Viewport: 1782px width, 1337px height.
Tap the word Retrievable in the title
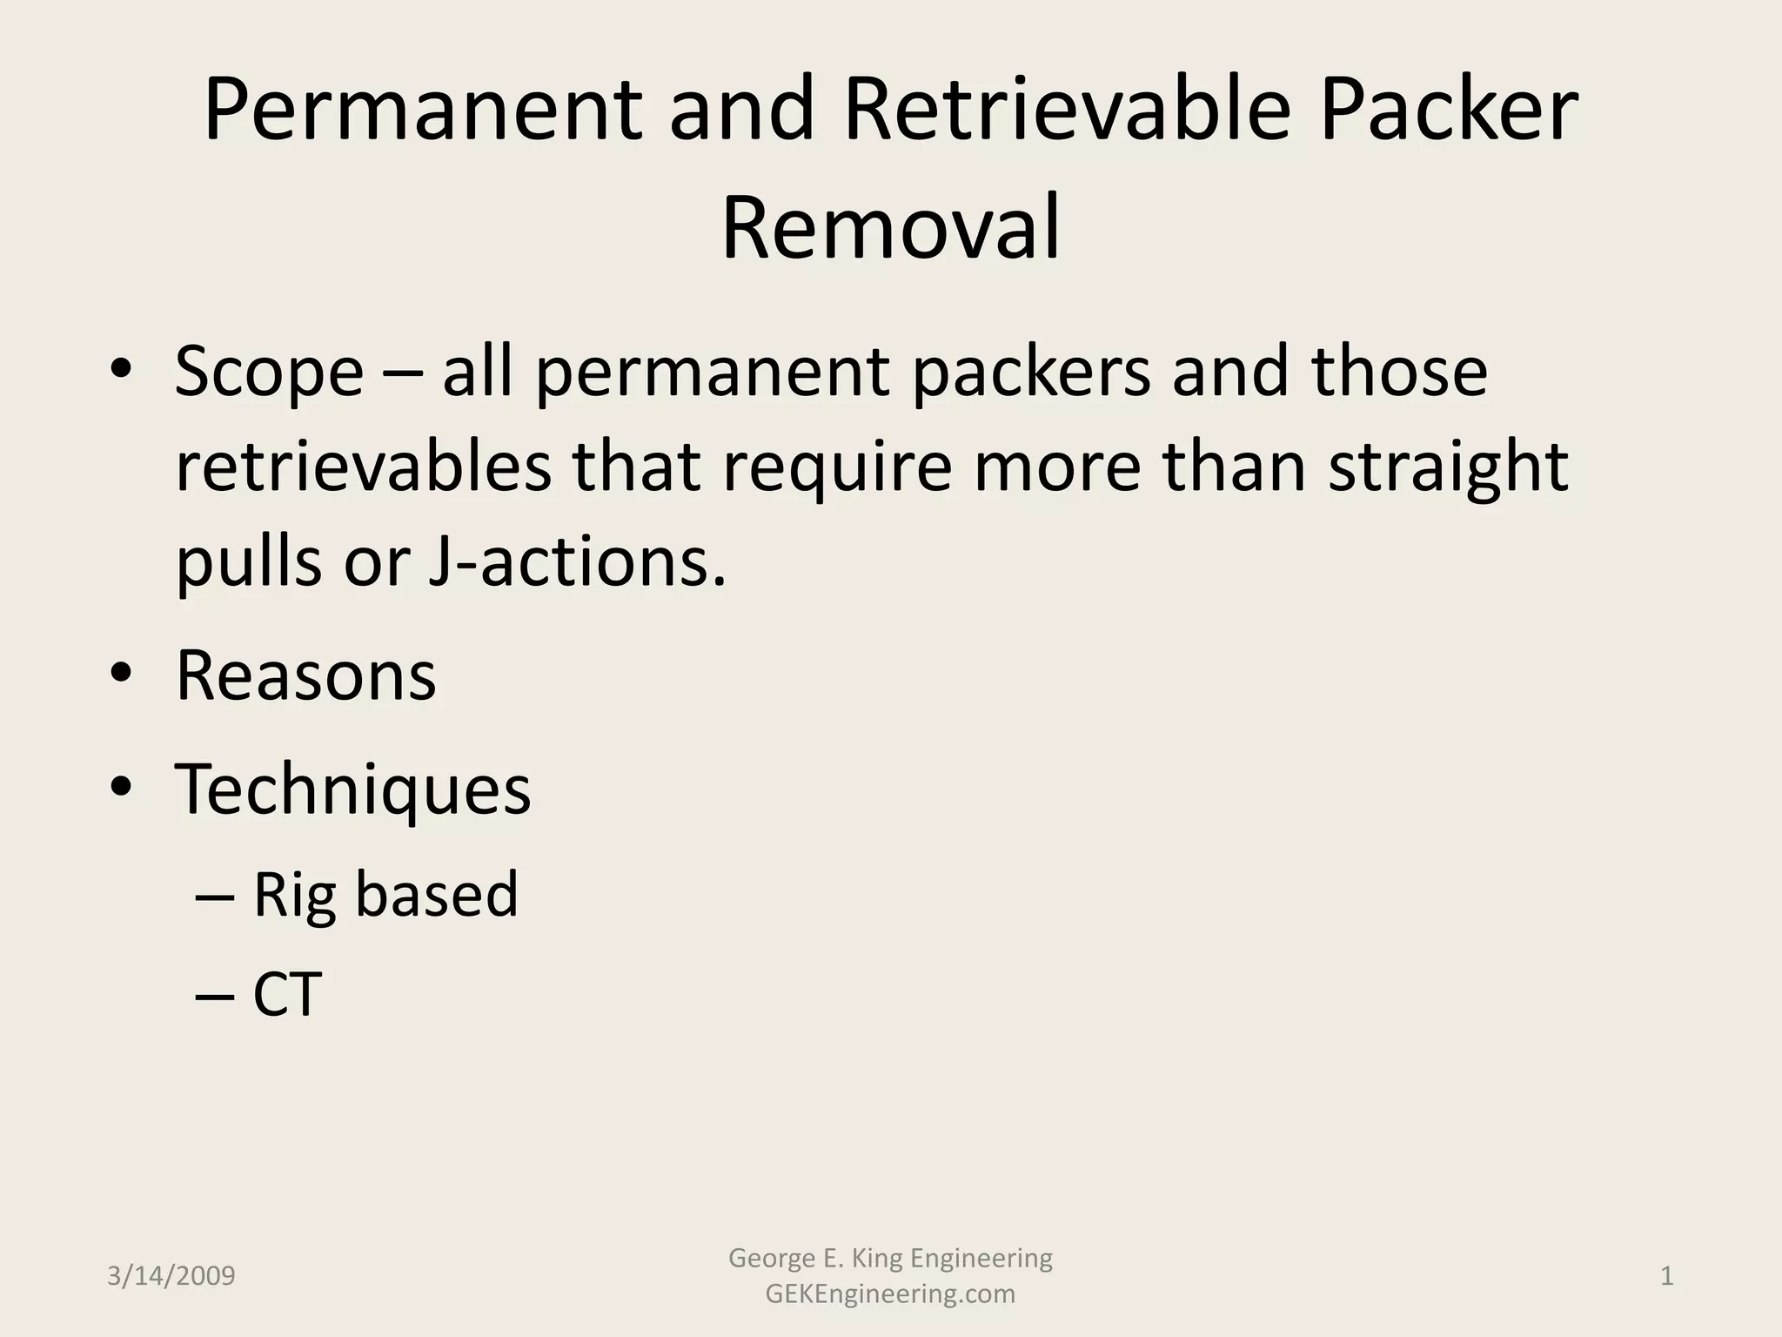click(1067, 111)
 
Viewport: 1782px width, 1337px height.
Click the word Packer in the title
click(1448, 111)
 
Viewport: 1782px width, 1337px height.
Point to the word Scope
click(269, 373)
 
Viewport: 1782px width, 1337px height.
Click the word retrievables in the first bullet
click(364, 467)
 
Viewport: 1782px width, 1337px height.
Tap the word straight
click(1448, 467)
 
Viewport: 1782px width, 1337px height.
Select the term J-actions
click(577, 561)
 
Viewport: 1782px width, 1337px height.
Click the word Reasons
click(305, 675)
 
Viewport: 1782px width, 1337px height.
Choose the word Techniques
click(353, 789)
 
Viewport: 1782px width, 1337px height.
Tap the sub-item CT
click(287, 994)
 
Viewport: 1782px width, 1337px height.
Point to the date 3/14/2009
click(171, 1276)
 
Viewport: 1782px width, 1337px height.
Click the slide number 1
click(1667, 1276)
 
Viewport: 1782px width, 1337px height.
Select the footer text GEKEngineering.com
click(890, 1294)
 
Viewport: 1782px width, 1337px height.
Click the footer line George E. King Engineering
click(890, 1258)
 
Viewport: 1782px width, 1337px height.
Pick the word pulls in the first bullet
click(248, 561)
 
